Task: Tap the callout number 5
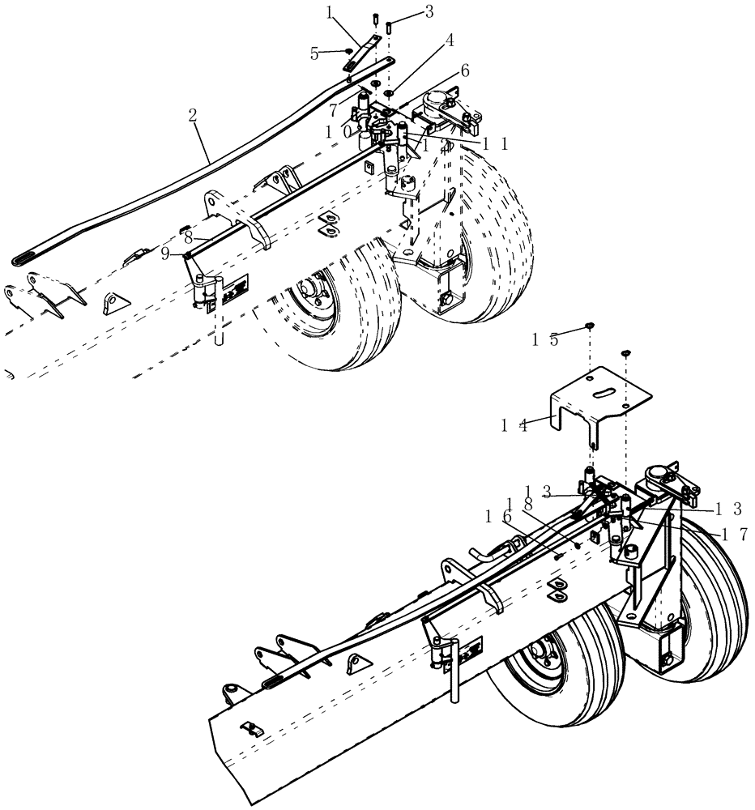pos(314,53)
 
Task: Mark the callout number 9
pos(165,253)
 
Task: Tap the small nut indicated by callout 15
pos(591,326)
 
